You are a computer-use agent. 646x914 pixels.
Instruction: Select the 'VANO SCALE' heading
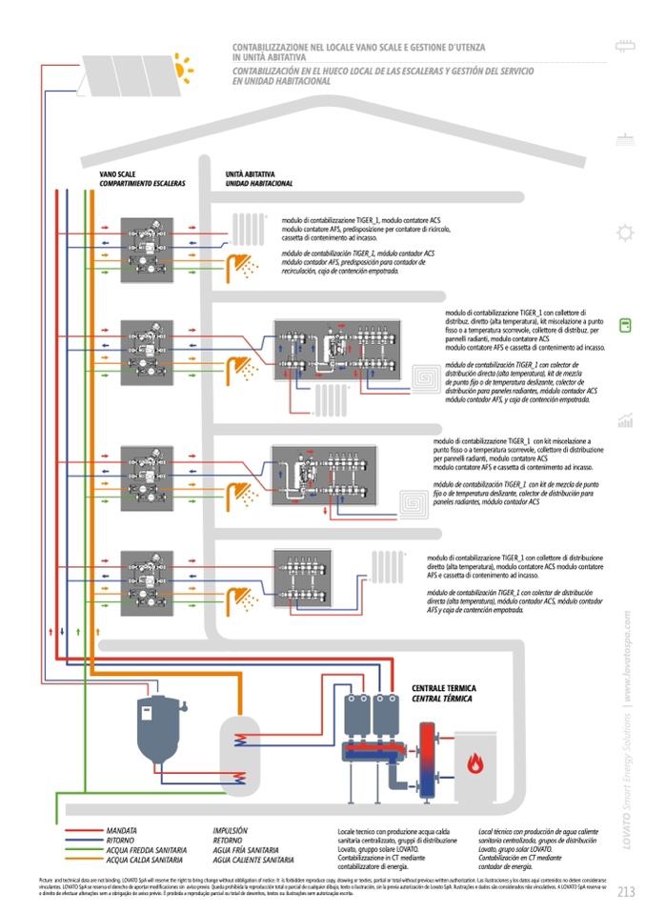pos(118,174)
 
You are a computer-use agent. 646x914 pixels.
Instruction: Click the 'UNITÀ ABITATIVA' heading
pos(251,174)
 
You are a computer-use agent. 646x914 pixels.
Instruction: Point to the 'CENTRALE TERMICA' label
pos(443,687)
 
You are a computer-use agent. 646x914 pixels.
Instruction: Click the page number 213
pos(625,892)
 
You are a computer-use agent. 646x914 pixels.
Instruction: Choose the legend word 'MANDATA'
pos(122,830)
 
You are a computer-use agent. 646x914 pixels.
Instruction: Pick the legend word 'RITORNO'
pos(121,840)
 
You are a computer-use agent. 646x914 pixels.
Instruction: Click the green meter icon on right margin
pos(625,326)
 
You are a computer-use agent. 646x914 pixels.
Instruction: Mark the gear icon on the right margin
pos(625,232)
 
